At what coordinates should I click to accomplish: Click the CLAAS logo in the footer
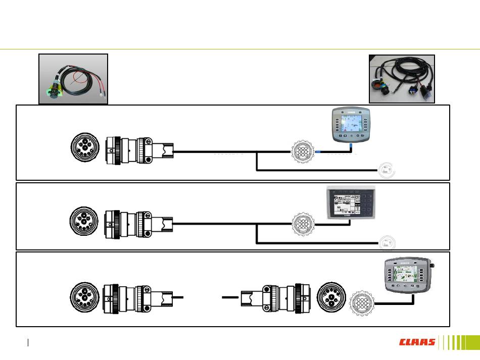(417, 342)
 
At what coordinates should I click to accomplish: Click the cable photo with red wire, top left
(74, 79)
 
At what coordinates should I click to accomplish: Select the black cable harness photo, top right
(402, 79)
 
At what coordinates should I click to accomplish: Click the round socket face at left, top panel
(83, 149)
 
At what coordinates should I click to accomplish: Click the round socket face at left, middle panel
(83, 222)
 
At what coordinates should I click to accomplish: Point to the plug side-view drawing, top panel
(139, 150)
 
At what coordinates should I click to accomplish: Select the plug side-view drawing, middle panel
(139, 223)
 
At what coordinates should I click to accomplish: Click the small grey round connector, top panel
(302, 152)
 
